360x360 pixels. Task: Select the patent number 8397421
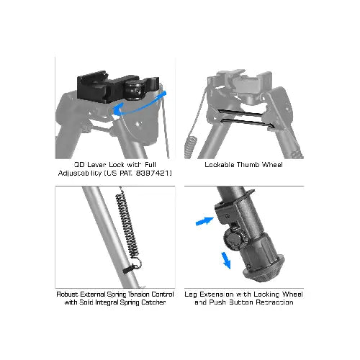(x=154, y=174)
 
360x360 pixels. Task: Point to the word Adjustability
(x=81, y=174)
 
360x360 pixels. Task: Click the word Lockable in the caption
(x=218, y=164)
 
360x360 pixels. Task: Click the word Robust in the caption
(x=70, y=294)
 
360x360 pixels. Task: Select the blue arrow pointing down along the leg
(x=225, y=259)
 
